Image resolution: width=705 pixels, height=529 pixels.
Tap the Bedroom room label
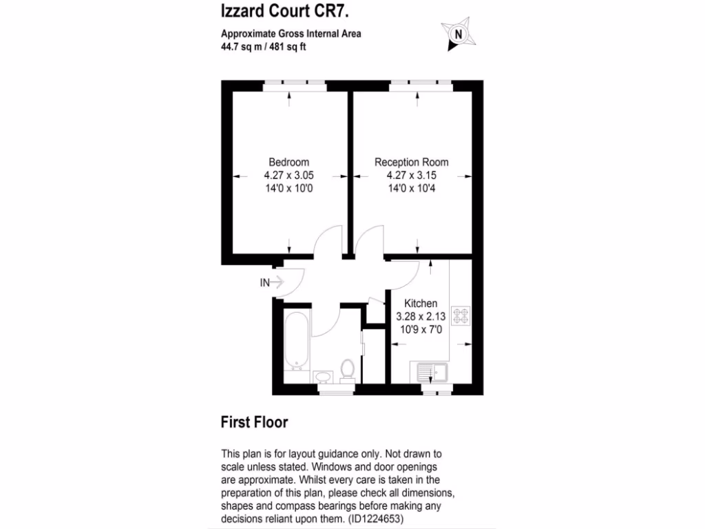(288, 163)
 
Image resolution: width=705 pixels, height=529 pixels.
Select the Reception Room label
(411, 163)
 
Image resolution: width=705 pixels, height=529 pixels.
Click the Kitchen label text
(420, 304)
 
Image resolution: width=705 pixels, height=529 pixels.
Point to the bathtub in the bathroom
(296, 340)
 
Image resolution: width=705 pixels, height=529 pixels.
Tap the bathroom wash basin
(322, 376)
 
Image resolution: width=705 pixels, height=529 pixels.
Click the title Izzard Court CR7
(269, 11)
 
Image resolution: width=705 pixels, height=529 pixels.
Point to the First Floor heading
(254, 422)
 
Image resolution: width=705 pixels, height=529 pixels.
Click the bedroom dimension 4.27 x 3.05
(288, 175)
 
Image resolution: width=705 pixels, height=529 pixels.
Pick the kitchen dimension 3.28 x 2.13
(420, 317)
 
